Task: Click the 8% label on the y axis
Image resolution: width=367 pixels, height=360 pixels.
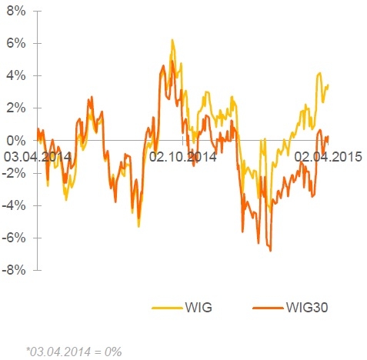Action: point(16,12)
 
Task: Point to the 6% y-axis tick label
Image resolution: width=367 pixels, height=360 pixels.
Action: point(16,44)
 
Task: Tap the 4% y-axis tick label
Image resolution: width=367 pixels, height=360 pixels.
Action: point(16,76)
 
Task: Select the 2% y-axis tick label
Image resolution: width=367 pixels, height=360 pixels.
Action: point(16,108)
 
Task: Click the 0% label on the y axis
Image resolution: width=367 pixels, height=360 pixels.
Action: point(16,141)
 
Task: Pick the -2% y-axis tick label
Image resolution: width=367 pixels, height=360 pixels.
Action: point(14,173)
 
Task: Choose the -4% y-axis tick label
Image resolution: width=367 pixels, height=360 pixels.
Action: point(14,205)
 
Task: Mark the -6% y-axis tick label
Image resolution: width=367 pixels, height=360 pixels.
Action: point(14,238)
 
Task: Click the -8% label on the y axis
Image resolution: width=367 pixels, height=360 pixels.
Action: point(14,270)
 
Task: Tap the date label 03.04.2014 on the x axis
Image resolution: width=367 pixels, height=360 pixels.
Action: point(38,157)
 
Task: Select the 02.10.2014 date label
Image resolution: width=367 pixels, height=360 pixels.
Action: point(182,157)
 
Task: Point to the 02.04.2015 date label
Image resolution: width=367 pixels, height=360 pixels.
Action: point(328,157)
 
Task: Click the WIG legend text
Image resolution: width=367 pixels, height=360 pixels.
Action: point(199,307)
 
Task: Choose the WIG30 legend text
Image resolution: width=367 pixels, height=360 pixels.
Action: point(307,307)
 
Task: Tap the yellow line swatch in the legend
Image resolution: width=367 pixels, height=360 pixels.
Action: point(167,308)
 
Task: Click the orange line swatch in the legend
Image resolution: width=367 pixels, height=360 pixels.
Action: point(268,308)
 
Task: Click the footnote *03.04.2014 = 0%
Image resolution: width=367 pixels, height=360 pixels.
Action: point(74,352)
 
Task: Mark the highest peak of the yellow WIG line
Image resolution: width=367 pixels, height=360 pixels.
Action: point(172,40)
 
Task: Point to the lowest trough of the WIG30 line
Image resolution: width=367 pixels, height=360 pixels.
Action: point(271,251)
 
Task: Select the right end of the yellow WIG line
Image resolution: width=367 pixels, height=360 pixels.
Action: point(329,85)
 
